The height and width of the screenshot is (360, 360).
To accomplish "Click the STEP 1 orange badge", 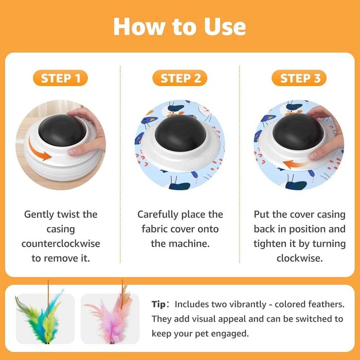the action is [x=60, y=78].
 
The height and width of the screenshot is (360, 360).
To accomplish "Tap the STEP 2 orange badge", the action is [x=180, y=78].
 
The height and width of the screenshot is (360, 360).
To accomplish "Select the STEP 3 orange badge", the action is [x=299, y=78].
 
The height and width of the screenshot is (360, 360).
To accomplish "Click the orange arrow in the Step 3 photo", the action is [x=295, y=164].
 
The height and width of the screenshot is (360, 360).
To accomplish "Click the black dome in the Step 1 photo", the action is [x=62, y=130].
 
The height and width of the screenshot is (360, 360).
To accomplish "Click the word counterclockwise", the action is [x=61, y=244].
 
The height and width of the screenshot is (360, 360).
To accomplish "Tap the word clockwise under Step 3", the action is [x=300, y=258].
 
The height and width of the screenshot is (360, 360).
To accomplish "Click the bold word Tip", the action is [x=158, y=304].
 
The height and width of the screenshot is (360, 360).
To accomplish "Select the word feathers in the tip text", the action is [x=327, y=304].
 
